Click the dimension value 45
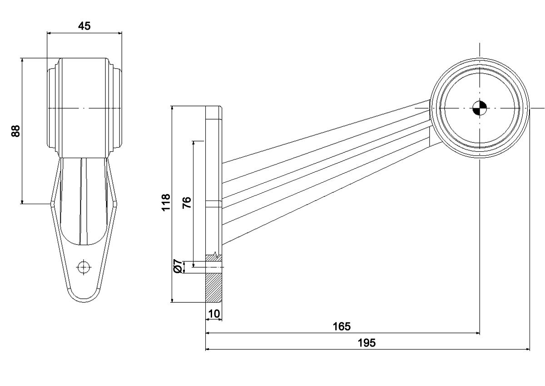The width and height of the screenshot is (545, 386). pos(84,26)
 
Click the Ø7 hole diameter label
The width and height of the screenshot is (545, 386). pos(178,266)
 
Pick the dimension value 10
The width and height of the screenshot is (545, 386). pos(213,314)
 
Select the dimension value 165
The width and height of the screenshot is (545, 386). pos(342,326)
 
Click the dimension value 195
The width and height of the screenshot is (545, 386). pos(367,343)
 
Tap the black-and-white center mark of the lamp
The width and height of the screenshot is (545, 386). pos(479,108)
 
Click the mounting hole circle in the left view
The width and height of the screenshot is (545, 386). pos(83,267)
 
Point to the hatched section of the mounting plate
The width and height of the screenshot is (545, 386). pos(213,286)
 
